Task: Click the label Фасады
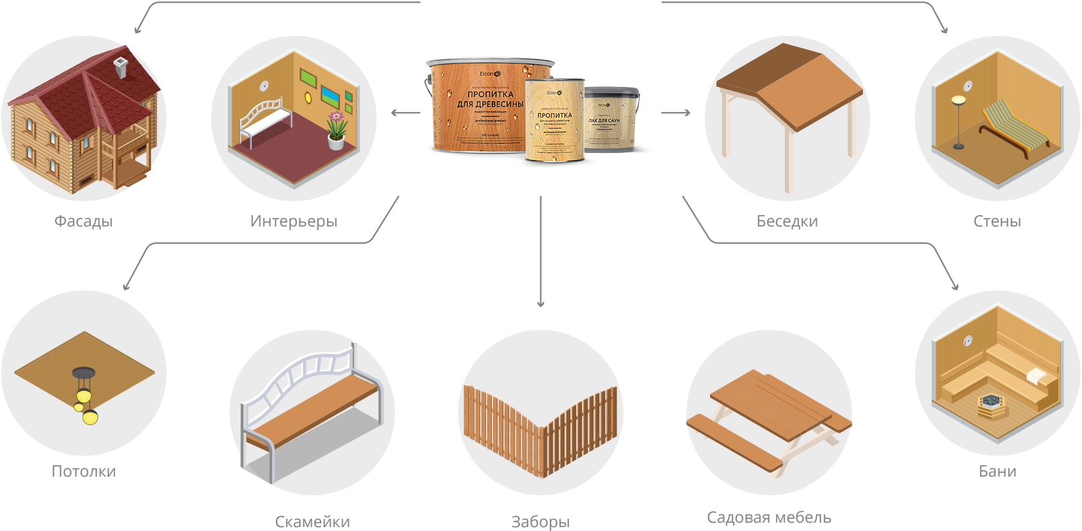(x=83, y=221)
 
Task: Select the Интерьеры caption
(x=294, y=221)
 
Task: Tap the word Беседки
(x=787, y=221)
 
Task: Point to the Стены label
(x=997, y=221)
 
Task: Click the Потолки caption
(x=83, y=472)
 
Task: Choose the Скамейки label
(x=312, y=521)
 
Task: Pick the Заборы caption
(x=540, y=521)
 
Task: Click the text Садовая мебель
(x=769, y=517)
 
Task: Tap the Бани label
(x=997, y=472)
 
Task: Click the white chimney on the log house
(x=120, y=67)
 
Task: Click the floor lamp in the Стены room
(x=958, y=122)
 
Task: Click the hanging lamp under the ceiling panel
(x=85, y=397)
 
